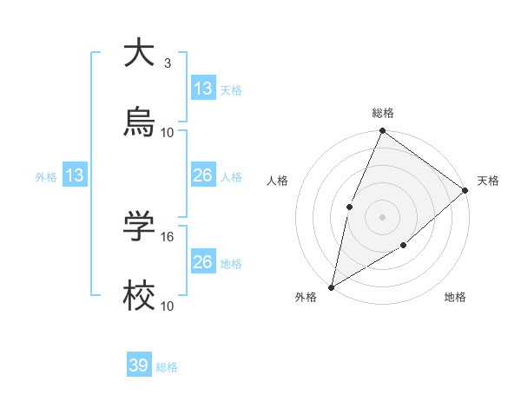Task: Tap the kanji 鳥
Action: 139,122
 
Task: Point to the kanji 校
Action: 139,296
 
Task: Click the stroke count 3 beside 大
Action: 167,63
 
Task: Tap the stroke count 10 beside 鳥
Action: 168,133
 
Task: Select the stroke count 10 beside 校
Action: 168,306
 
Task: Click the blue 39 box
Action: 139,366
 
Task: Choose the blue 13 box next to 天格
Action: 203,89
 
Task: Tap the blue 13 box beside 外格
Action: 75,176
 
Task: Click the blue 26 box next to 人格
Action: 203,176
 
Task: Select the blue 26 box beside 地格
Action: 203,262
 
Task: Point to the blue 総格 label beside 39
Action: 167,367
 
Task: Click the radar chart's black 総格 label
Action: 383,113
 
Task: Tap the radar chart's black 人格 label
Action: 278,181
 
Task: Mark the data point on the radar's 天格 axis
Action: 465,190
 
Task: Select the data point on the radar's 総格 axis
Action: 382,131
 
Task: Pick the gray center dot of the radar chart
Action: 382,216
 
